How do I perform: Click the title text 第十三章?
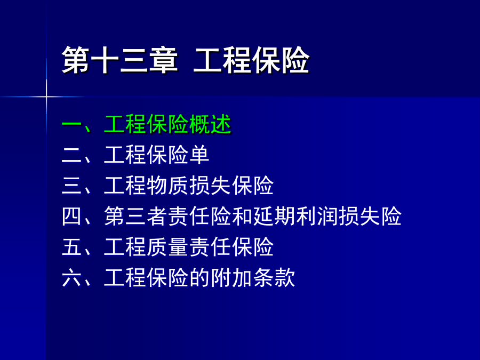(119, 60)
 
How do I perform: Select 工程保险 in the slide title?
(252, 60)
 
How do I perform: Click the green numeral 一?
(71, 125)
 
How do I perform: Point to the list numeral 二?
(71, 155)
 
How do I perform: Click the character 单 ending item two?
(199, 155)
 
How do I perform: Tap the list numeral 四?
(71, 217)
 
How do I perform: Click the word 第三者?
(135, 216)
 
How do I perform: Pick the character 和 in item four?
(242, 216)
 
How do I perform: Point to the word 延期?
(274, 216)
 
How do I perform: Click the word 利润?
(316, 216)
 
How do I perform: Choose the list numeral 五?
(71, 247)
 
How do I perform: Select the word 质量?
(167, 247)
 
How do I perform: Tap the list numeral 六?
(71, 278)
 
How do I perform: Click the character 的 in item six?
(199, 277)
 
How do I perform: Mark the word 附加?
(231, 277)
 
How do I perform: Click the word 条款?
(274, 277)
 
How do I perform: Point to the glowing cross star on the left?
(46, 97)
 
